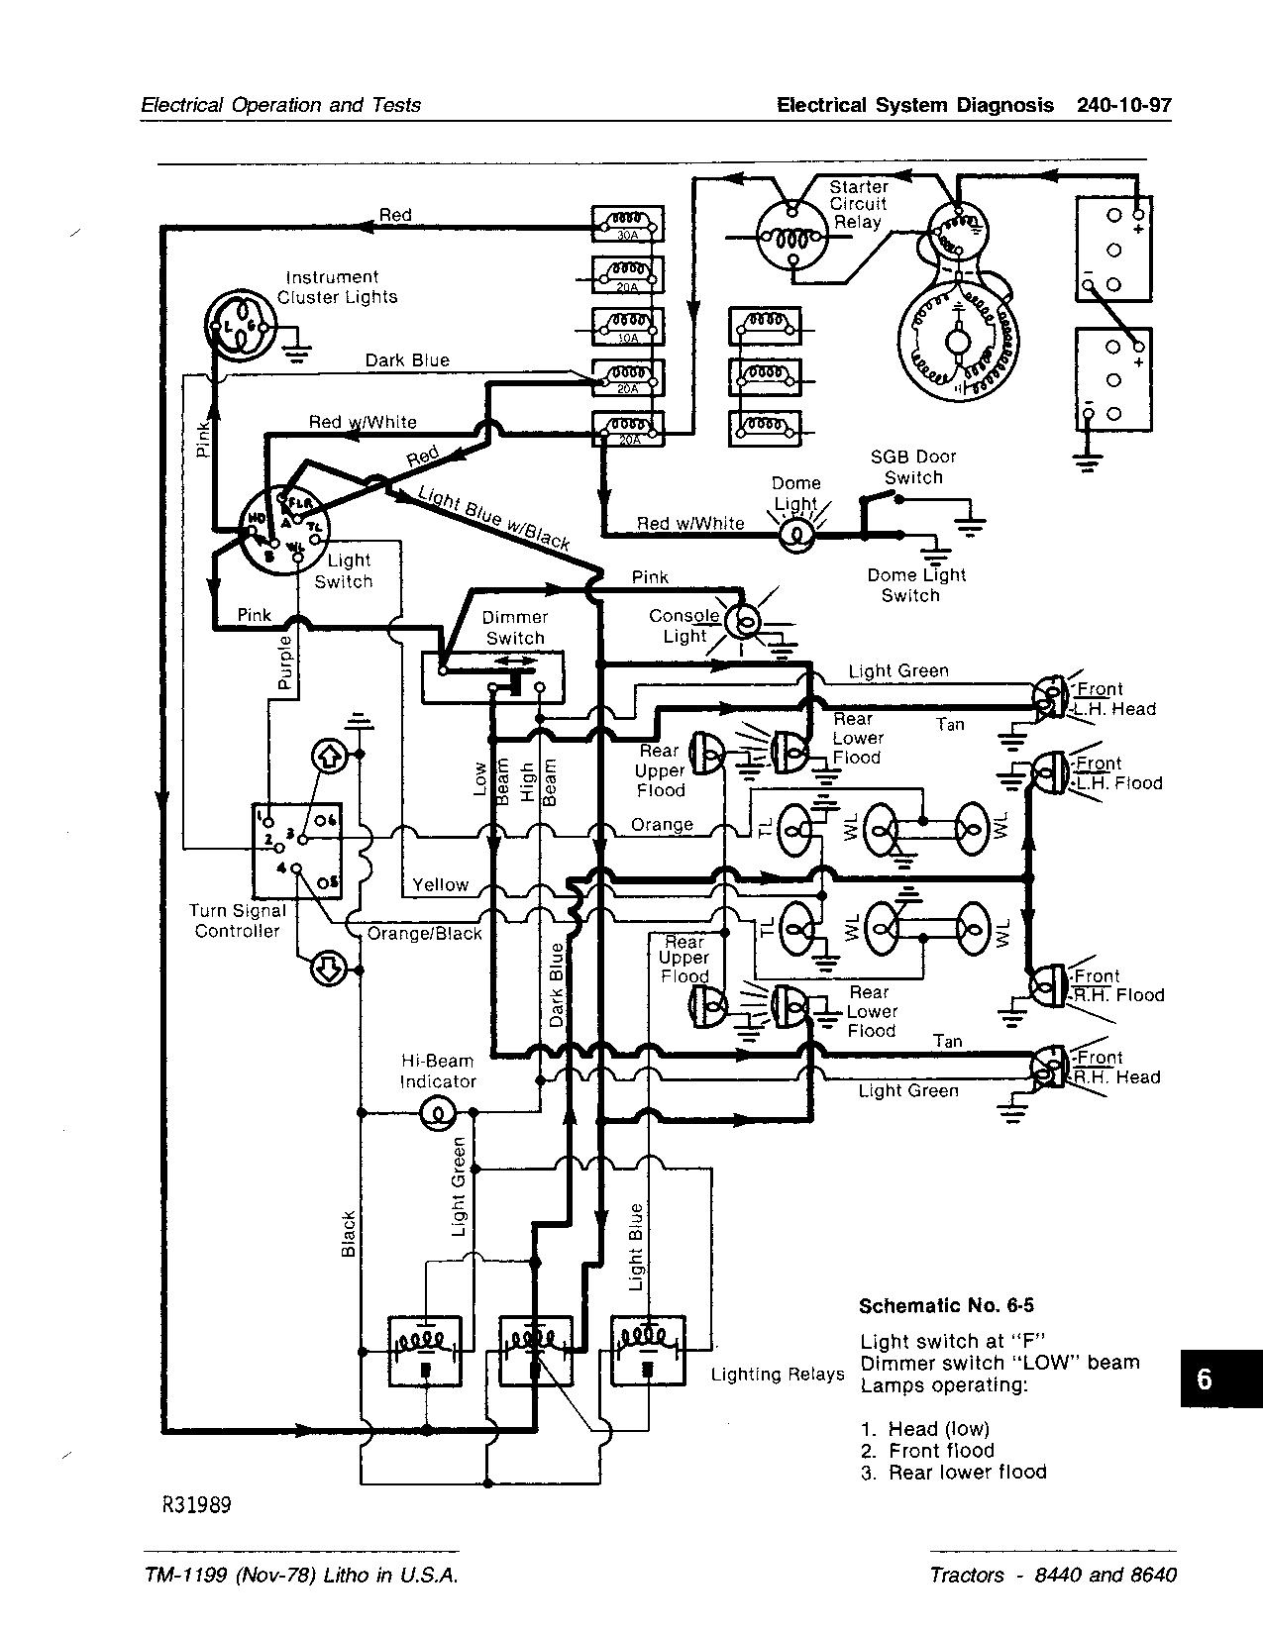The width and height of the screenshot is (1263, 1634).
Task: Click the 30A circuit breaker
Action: [627, 224]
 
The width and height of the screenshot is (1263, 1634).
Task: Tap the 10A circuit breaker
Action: [627, 326]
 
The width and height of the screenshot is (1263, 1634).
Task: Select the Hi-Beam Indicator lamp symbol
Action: [437, 1114]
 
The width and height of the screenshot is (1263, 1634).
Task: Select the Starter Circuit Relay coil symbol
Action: [790, 236]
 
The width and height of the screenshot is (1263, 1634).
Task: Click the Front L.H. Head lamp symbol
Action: [1048, 698]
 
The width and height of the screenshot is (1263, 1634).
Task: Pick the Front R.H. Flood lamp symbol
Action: [1047, 984]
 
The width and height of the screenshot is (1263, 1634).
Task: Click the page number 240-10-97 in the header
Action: [1122, 105]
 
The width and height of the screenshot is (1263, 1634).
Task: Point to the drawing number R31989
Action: [197, 1505]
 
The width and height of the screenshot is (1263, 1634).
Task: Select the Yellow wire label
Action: [440, 884]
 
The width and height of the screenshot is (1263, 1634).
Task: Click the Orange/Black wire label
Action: [424, 933]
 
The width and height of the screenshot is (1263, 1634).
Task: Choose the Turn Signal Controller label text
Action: [238, 921]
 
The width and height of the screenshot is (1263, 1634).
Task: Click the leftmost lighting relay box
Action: [424, 1348]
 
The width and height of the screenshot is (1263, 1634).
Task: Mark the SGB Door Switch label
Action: [912, 466]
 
